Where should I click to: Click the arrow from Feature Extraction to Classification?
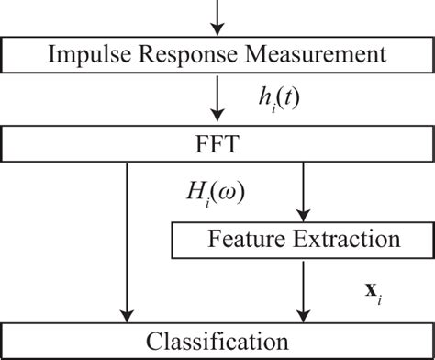[x=302, y=288]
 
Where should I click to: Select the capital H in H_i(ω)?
[x=195, y=193]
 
